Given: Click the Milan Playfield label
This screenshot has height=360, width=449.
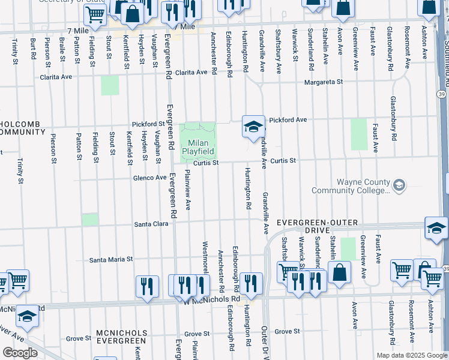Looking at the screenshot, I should point(199,147).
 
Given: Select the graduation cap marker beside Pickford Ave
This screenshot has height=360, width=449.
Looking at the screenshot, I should point(254,127).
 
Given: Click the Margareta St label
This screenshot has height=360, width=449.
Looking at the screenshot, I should point(323,82).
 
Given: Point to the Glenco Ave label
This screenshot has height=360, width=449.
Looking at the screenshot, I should point(150,178).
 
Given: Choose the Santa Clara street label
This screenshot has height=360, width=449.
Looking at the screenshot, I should point(151,224).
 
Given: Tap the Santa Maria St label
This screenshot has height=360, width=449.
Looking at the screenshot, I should point(111,260).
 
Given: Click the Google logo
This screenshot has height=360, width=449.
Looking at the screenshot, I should point(19,353).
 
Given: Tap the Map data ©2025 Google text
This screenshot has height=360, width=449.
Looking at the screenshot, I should point(411,355).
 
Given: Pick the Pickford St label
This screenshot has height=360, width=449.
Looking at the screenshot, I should point(148,124).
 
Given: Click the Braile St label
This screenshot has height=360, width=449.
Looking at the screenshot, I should point(62,49).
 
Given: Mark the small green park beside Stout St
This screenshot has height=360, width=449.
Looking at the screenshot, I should point(110,85).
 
